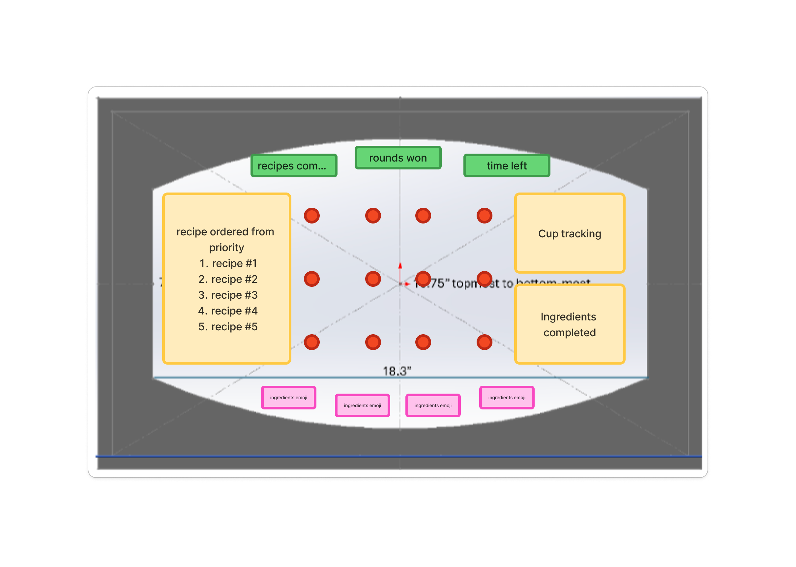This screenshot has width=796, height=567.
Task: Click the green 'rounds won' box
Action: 398,158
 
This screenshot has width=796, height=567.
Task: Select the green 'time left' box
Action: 507,165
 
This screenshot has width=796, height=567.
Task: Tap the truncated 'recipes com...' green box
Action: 294,165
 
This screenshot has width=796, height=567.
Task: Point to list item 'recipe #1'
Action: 234,263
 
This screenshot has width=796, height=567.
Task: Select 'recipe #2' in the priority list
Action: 234,279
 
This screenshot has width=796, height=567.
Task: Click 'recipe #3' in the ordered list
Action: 234,295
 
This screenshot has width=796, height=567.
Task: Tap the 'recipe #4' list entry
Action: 234,311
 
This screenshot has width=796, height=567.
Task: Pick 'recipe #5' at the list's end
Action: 234,326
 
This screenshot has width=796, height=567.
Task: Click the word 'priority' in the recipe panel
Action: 226,248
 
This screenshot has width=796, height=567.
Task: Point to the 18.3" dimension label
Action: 397,371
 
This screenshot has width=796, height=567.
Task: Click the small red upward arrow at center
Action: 400,266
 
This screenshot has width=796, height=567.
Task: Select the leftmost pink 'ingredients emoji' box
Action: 289,398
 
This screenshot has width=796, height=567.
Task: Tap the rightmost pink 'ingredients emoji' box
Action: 507,398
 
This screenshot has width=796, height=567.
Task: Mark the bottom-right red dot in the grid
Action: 484,342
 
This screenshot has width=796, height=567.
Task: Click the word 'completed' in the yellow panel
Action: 570,333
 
